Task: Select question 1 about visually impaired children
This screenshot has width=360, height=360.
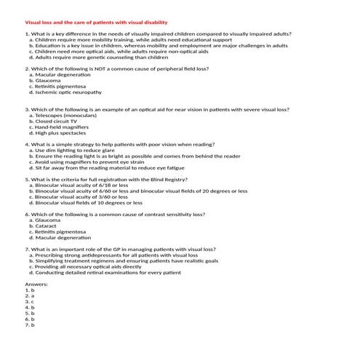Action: click(159, 34)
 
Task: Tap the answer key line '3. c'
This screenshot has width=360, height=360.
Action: click(30, 301)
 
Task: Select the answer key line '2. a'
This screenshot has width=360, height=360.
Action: click(30, 295)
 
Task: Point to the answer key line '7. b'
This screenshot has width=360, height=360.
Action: click(30, 324)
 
